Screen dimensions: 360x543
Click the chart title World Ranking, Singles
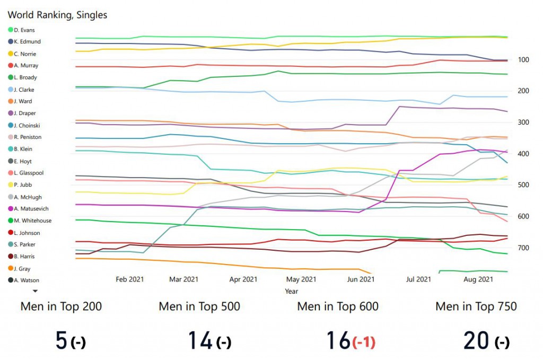click(57, 15)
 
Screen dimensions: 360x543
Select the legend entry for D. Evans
click(24, 30)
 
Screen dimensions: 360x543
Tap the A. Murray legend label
click(26, 66)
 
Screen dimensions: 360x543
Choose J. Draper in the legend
click(25, 113)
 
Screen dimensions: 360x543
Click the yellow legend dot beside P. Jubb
click(11, 185)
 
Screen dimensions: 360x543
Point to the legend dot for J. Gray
click(11, 269)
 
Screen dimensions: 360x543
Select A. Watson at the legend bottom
click(27, 280)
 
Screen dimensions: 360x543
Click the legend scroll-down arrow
click(36, 291)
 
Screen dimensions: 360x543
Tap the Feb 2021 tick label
click(129, 279)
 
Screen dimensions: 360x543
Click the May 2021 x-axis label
click(301, 279)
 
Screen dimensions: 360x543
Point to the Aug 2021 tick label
click(478, 279)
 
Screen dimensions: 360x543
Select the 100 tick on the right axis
click(516, 59)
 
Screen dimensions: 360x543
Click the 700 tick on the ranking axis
click(516, 248)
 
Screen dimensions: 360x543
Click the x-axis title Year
click(291, 291)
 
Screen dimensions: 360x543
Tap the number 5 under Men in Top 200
click(63, 340)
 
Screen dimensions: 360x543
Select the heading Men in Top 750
click(476, 306)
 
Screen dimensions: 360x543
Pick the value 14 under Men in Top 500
click(200, 340)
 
